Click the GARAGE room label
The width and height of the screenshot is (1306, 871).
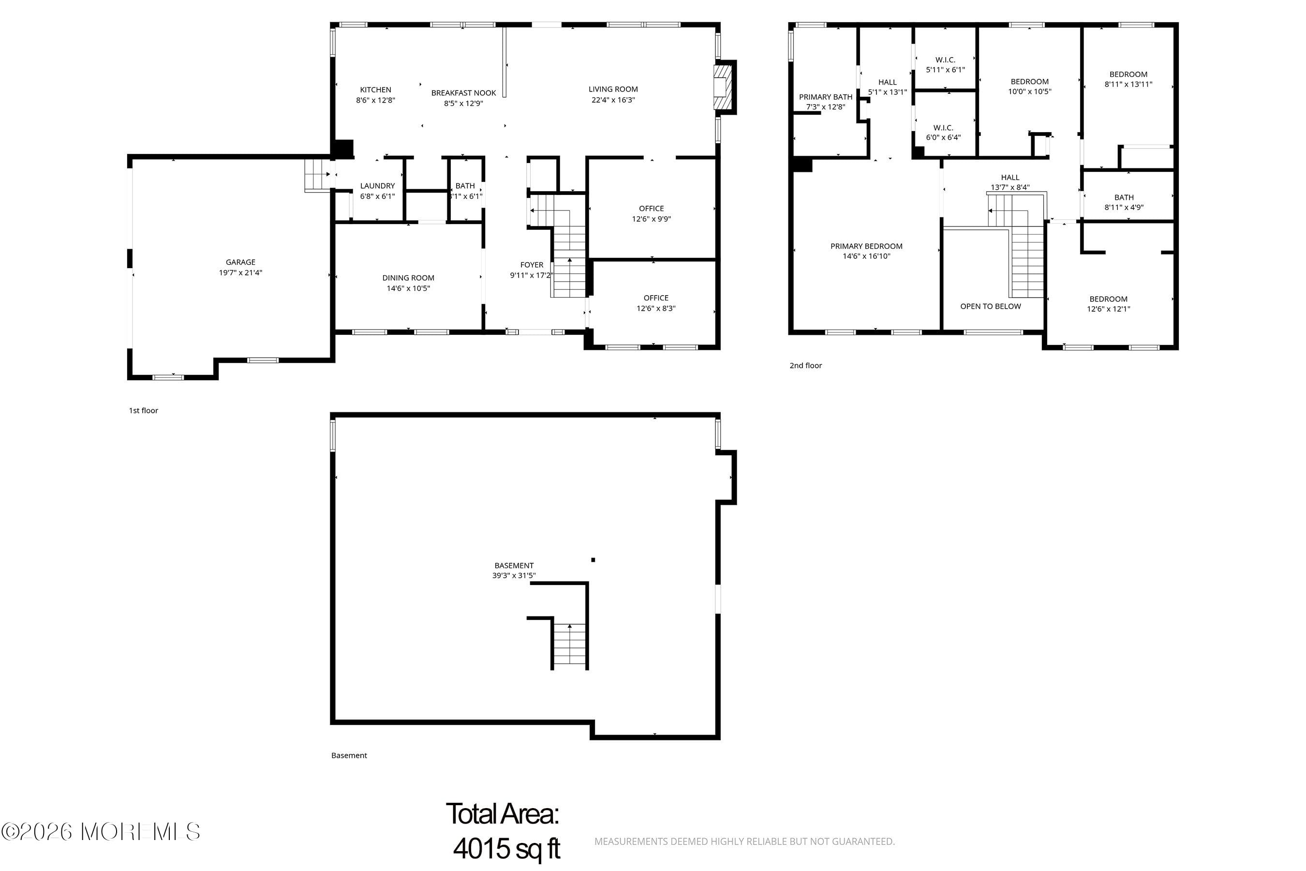pyautogui.click(x=240, y=262)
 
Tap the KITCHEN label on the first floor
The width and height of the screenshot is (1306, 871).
pyautogui.click(x=375, y=90)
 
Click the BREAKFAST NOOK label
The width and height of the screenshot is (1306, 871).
pyautogui.click(x=463, y=93)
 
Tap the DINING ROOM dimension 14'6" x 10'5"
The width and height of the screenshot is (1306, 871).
pyautogui.click(x=408, y=288)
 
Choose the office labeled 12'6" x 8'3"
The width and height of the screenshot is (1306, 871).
pyautogui.click(x=656, y=303)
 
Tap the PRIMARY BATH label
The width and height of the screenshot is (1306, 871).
pyautogui.click(x=825, y=97)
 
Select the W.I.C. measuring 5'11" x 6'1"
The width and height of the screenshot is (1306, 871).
pyautogui.click(x=945, y=65)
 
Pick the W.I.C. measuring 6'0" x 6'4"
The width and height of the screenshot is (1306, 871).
pyautogui.click(x=943, y=133)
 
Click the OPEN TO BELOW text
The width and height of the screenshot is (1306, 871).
pyautogui.click(x=990, y=307)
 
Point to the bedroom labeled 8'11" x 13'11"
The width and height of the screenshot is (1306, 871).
pyautogui.click(x=1128, y=79)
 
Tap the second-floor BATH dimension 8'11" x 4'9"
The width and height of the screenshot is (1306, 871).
pyautogui.click(x=1123, y=208)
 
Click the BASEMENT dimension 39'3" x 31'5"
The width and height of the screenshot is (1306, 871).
pyautogui.click(x=514, y=575)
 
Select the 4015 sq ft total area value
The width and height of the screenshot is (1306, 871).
pyautogui.click(x=506, y=848)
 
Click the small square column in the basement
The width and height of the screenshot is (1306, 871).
pyautogui.click(x=593, y=560)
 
